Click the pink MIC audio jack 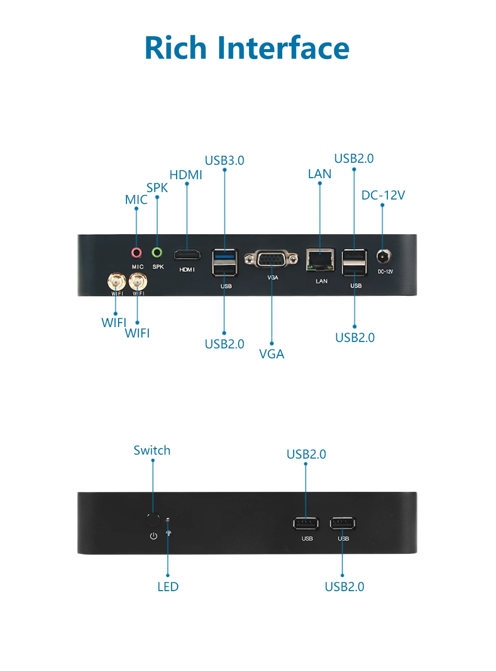pyautogui.click(x=136, y=253)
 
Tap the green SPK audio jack pyautogui.click(x=157, y=253)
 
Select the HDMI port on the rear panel pyautogui.click(x=187, y=255)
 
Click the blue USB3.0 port pyautogui.click(x=225, y=256)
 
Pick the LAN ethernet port pyautogui.click(x=320, y=260)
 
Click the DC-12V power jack pyautogui.click(x=383, y=257)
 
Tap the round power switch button pyautogui.click(x=153, y=520)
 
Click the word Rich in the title pyautogui.click(x=176, y=48)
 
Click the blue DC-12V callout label pyautogui.click(x=383, y=195)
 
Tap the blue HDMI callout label pyautogui.click(x=186, y=175)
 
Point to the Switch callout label pyautogui.click(x=152, y=450)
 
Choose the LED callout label pyautogui.click(x=168, y=587)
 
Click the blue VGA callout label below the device pyautogui.click(x=272, y=354)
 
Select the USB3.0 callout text pyautogui.click(x=224, y=160)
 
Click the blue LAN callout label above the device pyautogui.click(x=319, y=174)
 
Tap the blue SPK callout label pyautogui.click(x=157, y=188)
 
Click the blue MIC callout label pyautogui.click(x=136, y=200)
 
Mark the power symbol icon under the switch pyautogui.click(x=154, y=536)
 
